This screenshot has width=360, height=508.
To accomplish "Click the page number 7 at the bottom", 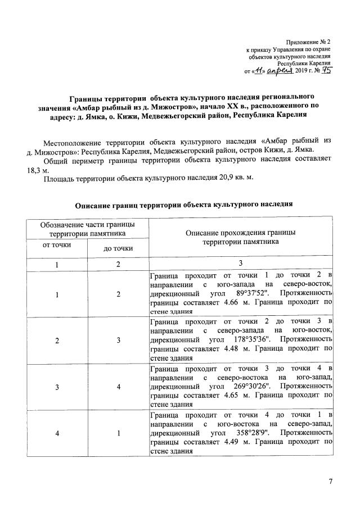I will point(331,481).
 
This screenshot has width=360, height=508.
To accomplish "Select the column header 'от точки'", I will point(57,245).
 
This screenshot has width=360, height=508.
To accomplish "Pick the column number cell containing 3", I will point(241,264).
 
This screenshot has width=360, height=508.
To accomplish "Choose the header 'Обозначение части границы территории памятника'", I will point(87,229).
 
